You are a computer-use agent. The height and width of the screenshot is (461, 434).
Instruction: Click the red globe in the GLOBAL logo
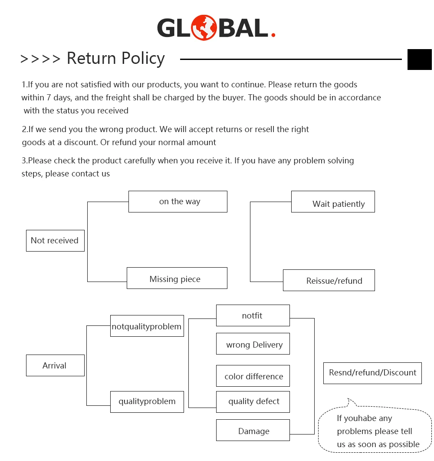[204, 28]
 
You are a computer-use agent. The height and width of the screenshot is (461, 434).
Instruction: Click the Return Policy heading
[115, 58]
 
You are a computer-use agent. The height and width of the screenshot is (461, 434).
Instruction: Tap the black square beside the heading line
[419, 59]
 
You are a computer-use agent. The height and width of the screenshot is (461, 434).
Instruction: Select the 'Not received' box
[55, 241]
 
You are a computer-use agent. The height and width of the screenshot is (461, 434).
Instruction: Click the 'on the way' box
[178, 202]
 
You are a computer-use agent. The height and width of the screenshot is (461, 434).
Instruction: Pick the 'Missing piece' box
[177, 278]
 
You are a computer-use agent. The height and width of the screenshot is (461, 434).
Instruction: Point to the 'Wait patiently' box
[333, 202]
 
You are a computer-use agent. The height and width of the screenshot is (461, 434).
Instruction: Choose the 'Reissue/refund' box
[329, 280]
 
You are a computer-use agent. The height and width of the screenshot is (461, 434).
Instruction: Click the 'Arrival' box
[55, 365]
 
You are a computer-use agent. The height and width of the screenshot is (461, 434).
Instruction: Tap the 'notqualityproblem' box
[147, 326]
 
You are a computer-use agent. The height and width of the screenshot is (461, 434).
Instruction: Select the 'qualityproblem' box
[147, 401]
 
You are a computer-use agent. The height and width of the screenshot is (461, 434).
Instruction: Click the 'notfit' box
[253, 315]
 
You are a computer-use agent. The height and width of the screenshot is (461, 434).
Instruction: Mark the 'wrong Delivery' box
[253, 344]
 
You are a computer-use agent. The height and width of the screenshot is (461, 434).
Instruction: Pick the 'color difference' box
[253, 376]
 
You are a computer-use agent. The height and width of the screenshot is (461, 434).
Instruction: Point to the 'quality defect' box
[253, 401]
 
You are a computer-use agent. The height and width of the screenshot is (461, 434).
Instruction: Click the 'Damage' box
[253, 430]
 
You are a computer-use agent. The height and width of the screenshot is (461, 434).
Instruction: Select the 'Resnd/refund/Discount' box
[372, 373]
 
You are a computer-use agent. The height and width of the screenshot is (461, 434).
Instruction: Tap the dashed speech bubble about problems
[375, 430]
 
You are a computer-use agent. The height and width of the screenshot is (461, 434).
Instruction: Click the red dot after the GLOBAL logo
[273, 34]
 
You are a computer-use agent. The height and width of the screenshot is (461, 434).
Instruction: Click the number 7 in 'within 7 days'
[49, 98]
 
